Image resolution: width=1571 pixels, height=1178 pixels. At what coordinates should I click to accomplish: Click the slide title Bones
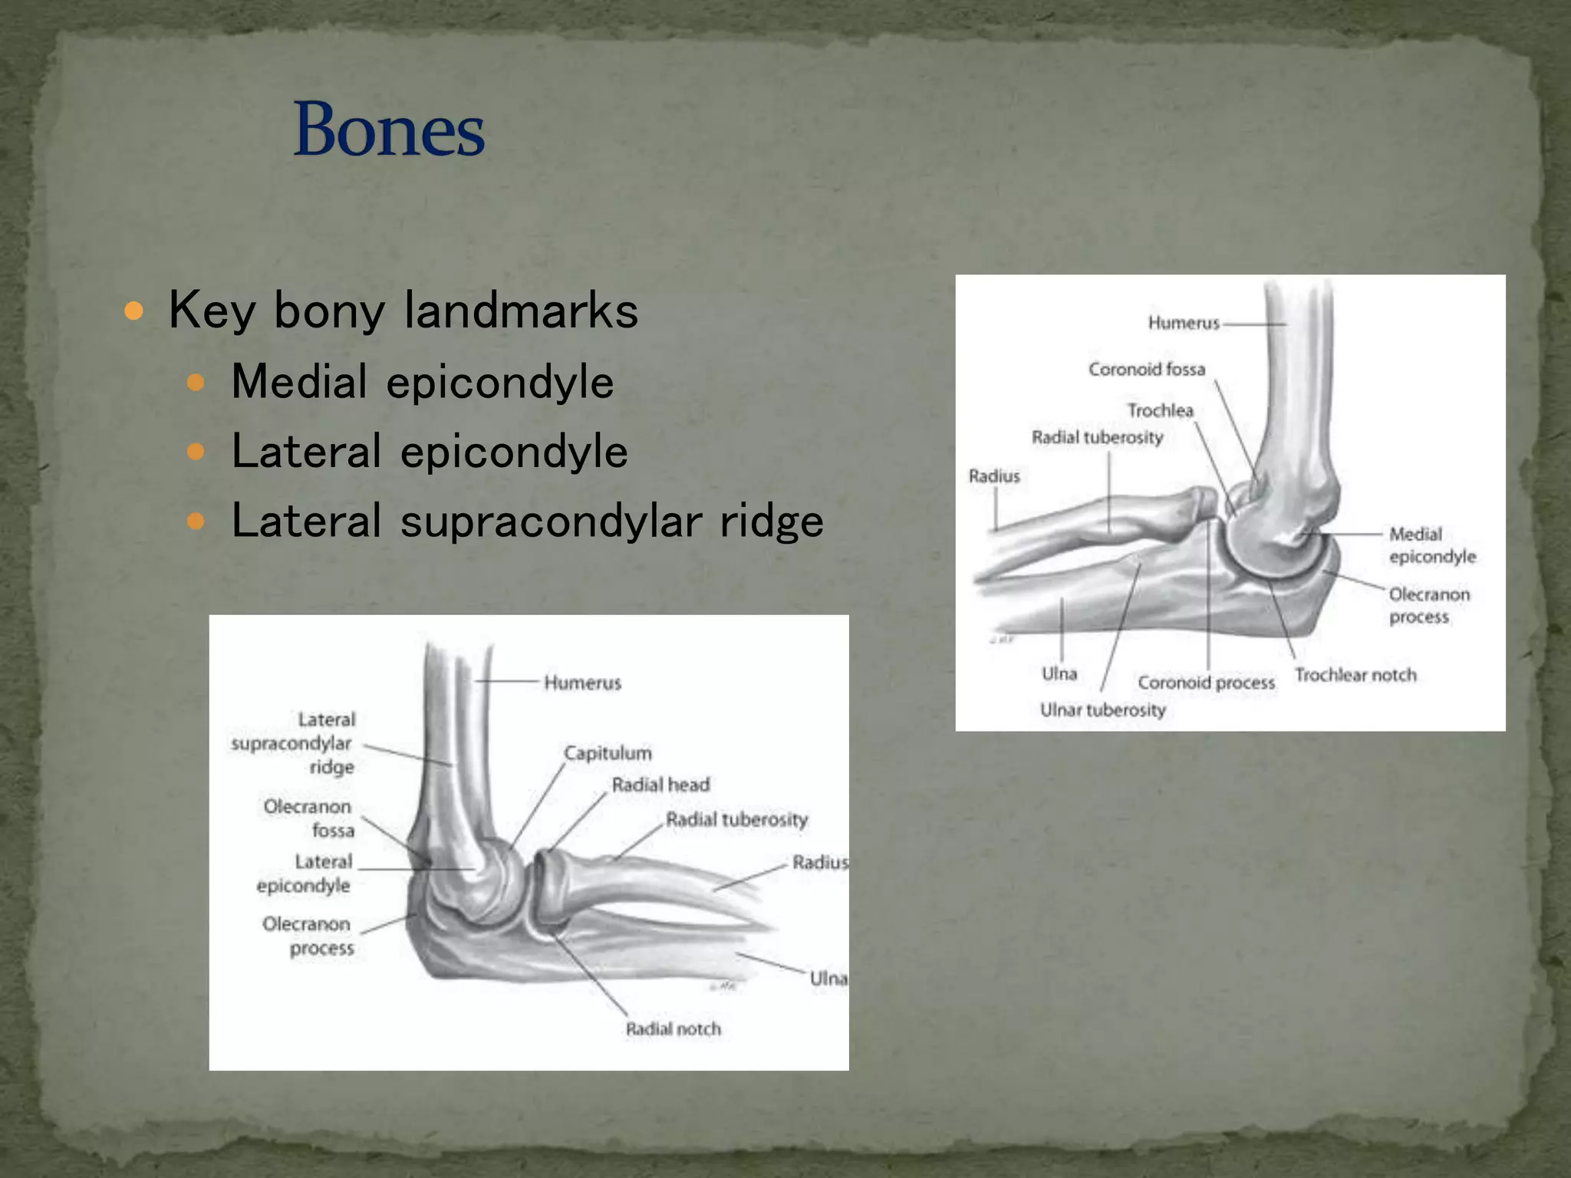tap(389, 130)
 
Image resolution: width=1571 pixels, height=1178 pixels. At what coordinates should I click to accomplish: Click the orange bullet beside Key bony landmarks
tap(134, 311)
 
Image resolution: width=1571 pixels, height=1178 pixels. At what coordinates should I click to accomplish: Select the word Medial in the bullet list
tap(299, 381)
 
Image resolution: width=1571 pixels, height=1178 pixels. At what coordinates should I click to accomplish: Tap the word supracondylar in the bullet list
tap(551, 521)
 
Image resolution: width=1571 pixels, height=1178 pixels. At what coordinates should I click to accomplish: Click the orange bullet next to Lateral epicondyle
tap(196, 451)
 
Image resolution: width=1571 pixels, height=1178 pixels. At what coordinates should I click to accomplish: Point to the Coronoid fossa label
tap(1146, 370)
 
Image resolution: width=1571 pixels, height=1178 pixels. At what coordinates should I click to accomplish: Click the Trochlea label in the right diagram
tap(1160, 410)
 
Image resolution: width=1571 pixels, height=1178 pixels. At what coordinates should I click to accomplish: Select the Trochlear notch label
tap(1355, 675)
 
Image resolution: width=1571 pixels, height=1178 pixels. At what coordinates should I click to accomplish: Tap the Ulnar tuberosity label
tap(1102, 710)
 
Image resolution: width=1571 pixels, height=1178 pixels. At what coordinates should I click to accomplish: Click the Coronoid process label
tap(1206, 683)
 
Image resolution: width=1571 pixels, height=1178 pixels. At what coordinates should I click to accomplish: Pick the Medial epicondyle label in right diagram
tap(1431, 545)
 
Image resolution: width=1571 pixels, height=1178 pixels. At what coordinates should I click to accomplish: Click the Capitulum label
tap(608, 753)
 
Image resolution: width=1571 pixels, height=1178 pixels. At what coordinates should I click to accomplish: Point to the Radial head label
tap(660, 785)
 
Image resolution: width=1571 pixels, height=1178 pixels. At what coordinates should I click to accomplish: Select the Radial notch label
tap(674, 1029)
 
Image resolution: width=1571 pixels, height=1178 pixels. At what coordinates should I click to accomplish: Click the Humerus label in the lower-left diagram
tap(582, 683)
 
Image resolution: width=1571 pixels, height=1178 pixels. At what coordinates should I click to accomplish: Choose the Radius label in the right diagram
tap(994, 476)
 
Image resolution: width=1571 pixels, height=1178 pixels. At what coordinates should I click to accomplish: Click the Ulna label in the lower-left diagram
tap(828, 979)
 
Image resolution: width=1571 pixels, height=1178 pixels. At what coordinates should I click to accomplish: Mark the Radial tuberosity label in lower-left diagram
tap(736, 820)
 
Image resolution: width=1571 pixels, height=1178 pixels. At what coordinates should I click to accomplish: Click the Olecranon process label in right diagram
tap(1428, 606)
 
